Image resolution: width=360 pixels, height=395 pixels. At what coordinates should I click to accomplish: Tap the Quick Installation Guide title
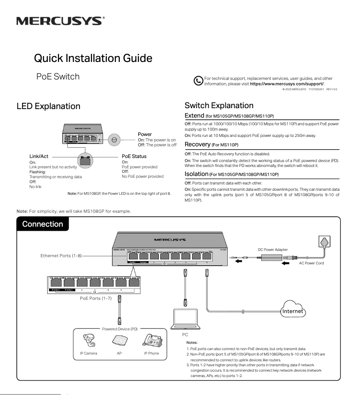93,58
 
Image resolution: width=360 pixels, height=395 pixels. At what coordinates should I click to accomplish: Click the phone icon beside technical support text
198,81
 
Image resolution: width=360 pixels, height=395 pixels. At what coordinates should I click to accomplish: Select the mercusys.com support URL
286,84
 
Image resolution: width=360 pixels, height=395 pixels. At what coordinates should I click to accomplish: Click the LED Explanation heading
48,106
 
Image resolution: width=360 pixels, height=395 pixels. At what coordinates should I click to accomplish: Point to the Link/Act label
39,157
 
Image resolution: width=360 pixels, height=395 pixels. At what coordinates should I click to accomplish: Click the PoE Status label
134,157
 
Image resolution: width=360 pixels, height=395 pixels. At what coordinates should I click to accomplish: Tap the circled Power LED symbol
114,140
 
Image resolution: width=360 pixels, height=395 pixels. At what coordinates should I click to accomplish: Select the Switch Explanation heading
219,105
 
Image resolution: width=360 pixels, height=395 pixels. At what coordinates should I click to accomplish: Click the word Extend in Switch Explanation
195,116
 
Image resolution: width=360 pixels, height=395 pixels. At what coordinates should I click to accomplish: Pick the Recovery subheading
198,145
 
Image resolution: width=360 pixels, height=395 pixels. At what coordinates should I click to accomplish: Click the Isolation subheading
197,174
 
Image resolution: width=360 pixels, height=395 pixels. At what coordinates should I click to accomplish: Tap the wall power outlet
324,243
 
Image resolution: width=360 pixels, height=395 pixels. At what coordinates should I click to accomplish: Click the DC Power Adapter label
272,249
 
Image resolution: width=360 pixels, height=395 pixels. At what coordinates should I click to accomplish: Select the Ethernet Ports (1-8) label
61,255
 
